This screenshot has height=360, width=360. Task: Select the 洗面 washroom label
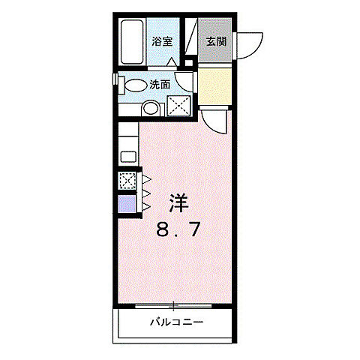(157, 85)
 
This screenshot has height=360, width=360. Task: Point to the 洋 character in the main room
(178, 203)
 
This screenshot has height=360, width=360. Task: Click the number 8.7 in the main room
(178, 229)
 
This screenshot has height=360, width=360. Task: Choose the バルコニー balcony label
(176, 323)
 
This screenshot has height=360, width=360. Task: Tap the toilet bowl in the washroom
(135, 85)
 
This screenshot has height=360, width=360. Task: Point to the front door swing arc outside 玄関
(251, 43)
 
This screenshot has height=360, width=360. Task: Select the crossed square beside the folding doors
(127, 181)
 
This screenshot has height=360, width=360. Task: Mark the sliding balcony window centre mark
(174, 305)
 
